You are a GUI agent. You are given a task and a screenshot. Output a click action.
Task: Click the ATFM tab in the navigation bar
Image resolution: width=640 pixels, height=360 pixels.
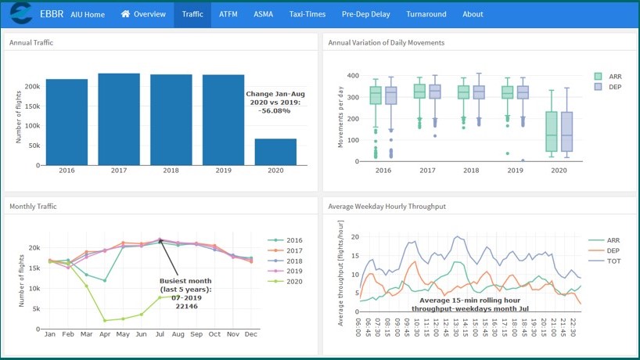tap(228, 14)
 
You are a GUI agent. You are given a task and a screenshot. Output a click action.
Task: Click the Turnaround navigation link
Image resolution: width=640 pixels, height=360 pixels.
tap(426, 14)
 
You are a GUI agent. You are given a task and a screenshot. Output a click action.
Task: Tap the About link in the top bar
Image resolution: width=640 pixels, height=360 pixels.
tap(473, 14)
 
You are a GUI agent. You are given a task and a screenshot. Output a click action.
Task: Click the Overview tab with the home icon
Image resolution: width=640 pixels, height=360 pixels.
tap(143, 14)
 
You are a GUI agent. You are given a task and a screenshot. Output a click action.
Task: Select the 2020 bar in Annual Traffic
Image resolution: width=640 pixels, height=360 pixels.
tap(275, 152)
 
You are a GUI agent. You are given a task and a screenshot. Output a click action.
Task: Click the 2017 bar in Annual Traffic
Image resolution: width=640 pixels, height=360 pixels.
tap(119, 119)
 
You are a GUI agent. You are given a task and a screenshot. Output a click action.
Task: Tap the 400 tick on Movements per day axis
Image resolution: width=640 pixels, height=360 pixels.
tap(353, 76)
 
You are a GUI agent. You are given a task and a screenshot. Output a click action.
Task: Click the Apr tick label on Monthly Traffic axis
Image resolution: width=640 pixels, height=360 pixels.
tap(104, 334)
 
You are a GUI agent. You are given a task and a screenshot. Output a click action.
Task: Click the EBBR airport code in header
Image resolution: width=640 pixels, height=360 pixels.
tap(52, 14)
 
